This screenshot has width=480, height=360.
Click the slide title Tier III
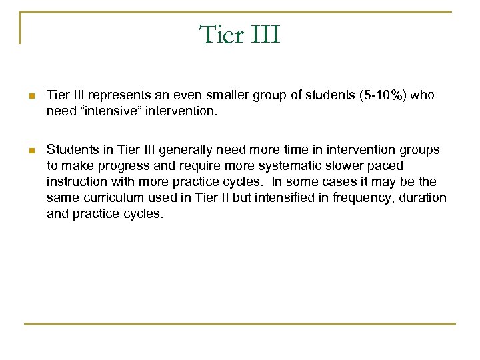(240, 34)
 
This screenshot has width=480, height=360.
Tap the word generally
(171, 150)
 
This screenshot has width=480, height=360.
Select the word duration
(423, 198)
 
